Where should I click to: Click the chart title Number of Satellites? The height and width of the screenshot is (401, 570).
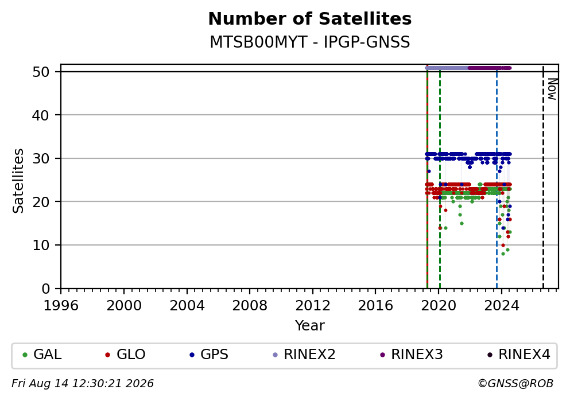(310, 19)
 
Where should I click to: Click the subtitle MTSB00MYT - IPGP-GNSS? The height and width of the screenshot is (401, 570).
(310, 42)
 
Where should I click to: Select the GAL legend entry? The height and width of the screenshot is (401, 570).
(42, 354)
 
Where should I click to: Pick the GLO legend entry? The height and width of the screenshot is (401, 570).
(125, 354)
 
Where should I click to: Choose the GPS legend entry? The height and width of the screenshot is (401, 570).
(209, 354)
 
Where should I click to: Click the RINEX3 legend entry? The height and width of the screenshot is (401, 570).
(412, 354)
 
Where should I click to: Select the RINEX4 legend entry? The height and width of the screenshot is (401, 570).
(519, 354)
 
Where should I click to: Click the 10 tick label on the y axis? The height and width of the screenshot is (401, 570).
(41, 245)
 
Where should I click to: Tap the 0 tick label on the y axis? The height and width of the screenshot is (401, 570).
(46, 289)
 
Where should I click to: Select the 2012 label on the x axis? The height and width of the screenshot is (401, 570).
(312, 305)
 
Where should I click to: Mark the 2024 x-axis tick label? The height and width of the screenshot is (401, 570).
(501, 305)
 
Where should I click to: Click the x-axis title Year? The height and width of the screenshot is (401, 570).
(310, 325)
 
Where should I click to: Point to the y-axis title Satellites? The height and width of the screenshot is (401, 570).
(18, 181)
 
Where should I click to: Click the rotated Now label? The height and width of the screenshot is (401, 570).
(552, 89)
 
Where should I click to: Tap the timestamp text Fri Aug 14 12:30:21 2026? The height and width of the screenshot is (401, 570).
(83, 384)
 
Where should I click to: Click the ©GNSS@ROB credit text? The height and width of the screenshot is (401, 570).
(515, 384)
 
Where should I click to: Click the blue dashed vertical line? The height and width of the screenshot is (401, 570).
(497, 178)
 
